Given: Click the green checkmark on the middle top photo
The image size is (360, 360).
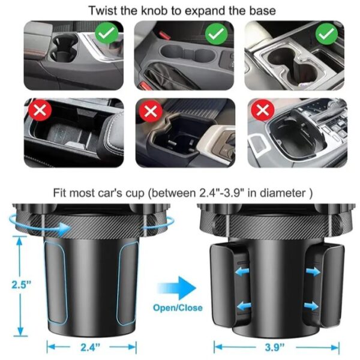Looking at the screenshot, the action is click(217, 34).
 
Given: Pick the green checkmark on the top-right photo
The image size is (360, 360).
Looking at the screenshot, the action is click(326, 34).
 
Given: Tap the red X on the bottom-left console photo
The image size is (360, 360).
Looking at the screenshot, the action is click(40, 110).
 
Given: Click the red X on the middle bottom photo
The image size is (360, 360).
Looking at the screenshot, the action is click(151, 112).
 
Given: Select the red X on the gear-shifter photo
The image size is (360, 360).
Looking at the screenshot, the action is click(263, 110).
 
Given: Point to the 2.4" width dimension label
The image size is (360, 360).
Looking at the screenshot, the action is click(91, 347).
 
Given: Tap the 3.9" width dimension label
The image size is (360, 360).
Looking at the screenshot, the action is click(275, 347).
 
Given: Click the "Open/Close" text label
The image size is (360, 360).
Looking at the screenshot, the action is click(178, 308).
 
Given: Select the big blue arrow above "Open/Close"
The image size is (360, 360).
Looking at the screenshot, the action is click(177, 288).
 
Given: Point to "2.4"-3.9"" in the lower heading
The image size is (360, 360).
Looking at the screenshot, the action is click(220, 193).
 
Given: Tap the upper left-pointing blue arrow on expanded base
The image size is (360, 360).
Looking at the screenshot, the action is click(242, 272).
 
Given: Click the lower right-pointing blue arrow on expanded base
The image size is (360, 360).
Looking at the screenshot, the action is click(311, 306).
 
